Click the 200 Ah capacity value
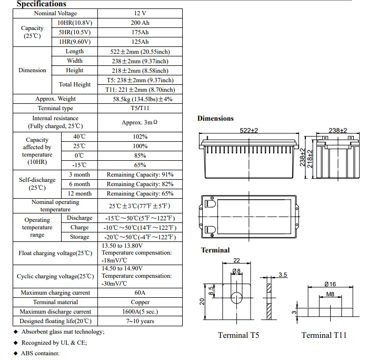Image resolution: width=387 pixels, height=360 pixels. pyautogui.click(x=140, y=23)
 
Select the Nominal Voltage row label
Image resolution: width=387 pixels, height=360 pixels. pyautogui.click(x=55, y=13)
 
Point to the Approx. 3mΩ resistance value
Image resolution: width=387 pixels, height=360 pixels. pyautogui.click(x=140, y=122)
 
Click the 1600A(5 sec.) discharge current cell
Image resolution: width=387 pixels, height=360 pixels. pyautogui.click(x=140, y=312)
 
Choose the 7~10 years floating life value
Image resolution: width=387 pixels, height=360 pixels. pyautogui.click(x=140, y=321)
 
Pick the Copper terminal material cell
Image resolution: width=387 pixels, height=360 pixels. pyautogui.click(x=140, y=302)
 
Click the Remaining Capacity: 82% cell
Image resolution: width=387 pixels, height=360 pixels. pyautogui.click(x=140, y=184)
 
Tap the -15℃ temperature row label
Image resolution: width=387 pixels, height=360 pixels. pyautogui.click(x=79, y=165)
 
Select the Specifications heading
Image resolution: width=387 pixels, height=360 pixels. pyautogui.click(x=42, y=4)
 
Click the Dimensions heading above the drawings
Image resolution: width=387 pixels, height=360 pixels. pyautogui.click(x=215, y=119)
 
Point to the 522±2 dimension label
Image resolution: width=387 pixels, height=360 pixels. pyautogui.click(x=249, y=130)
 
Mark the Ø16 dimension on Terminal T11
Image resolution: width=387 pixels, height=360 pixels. pyautogui.click(x=330, y=284)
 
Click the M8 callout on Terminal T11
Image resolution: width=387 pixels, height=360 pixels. pyautogui.click(x=330, y=294)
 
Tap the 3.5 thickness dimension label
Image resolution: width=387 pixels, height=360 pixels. pyautogui.click(x=283, y=275)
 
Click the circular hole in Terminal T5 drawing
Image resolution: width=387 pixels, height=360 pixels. pyautogui.click(x=236, y=298)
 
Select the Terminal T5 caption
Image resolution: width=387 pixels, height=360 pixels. pyautogui.click(x=239, y=335)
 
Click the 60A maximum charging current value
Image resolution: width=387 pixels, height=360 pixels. pyautogui.click(x=140, y=293)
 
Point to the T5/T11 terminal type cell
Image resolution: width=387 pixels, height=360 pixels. pyautogui.click(x=140, y=108)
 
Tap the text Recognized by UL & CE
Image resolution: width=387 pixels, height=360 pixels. pyautogui.click(x=54, y=343)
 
